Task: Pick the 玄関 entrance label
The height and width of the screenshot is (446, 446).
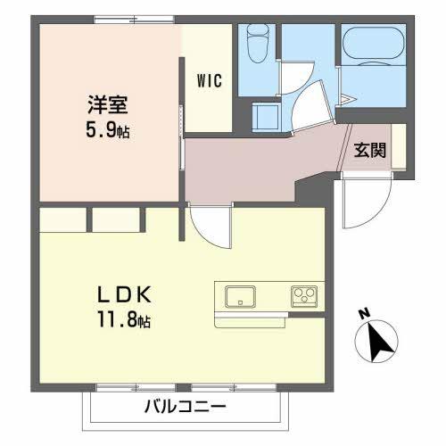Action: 369,150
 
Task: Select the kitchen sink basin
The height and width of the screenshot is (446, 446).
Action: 240,295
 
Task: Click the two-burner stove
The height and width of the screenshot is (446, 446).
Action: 303,295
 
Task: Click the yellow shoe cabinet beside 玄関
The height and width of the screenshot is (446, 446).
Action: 399,147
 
